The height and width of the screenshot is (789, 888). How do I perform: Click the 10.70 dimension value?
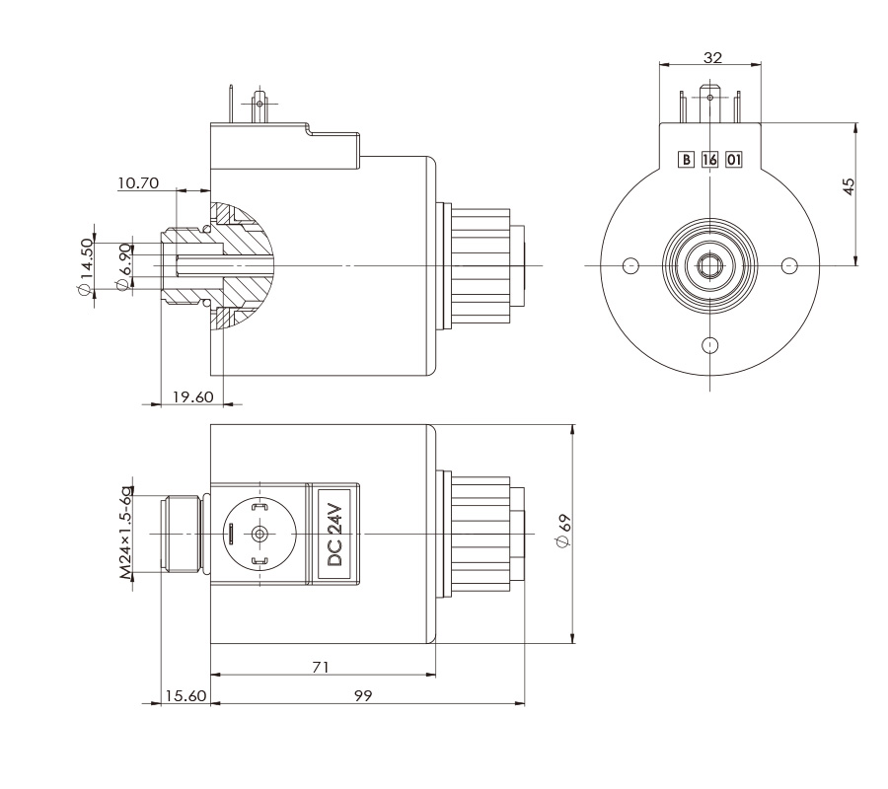tap(136, 183)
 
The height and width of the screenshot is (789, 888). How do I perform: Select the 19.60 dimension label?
tap(192, 396)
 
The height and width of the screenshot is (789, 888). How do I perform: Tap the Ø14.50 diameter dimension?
tap(86, 267)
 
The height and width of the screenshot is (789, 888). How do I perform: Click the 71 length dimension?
tap(320, 668)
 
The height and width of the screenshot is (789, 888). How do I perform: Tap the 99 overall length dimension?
tap(362, 695)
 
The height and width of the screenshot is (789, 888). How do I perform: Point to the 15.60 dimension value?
tap(185, 695)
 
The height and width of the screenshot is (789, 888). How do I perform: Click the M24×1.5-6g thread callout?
tap(125, 533)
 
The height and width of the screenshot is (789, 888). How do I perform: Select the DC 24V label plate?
tap(334, 534)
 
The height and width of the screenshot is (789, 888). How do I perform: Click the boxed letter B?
tap(686, 159)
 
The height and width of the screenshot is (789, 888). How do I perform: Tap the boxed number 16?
tap(709, 159)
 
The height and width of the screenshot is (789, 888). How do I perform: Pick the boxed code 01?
tap(733, 159)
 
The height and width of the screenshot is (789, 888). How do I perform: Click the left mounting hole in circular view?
tap(632, 265)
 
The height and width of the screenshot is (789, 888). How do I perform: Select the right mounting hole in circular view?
tap(788, 265)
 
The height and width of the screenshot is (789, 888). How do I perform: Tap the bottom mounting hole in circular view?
tap(710, 343)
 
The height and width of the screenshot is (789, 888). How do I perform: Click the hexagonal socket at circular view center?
tap(710, 265)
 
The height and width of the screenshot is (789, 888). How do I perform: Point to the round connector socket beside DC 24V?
tap(259, 534)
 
